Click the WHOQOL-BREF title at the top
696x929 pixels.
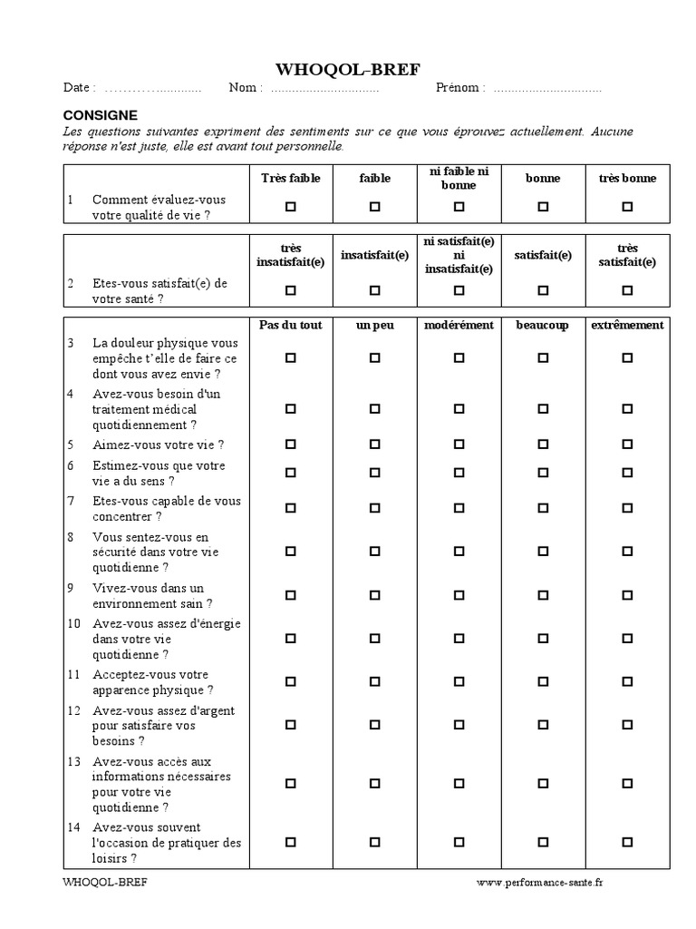point(348,70)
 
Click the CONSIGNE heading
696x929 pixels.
point(100,115)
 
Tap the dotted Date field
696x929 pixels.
point(152,89)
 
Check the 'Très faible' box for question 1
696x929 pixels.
point(291,207)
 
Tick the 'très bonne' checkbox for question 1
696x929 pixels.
point(627,207)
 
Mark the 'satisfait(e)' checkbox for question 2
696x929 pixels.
point(543,290)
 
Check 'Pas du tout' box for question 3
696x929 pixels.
point(291,358)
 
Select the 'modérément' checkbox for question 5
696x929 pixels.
point(459,445)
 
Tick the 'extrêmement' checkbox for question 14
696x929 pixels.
point(627,842)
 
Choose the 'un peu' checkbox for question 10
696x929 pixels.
point(375,639)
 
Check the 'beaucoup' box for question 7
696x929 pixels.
point(543,508)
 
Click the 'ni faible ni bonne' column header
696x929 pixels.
point(459,178)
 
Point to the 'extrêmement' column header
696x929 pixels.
point(627,325)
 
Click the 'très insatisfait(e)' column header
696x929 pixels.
point(291,255)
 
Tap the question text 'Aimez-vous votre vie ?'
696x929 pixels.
point(158,445)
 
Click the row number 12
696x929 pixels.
point(73,710)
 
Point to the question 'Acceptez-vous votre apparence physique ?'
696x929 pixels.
point(151,682)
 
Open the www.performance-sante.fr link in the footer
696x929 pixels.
point(538,881)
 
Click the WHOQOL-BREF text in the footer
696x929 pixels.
point(104,881)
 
